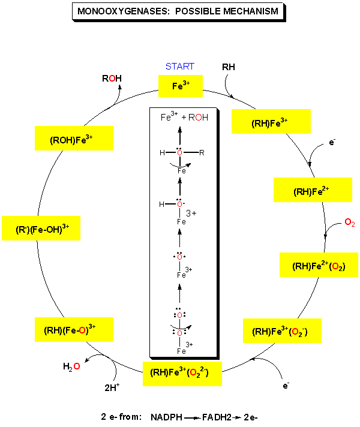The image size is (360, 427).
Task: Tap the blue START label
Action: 180,67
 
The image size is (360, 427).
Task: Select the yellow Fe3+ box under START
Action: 181,86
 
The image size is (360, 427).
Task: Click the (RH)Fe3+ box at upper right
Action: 270,122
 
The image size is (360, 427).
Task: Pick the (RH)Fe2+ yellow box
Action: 313,191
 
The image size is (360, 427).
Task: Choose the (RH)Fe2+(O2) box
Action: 319,265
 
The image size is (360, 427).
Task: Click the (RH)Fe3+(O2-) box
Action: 282,330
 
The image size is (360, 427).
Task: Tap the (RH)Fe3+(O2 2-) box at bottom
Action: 182,373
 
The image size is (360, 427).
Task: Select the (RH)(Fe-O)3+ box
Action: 74,329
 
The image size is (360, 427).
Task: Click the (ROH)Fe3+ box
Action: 74,139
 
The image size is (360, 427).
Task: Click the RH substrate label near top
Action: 229,67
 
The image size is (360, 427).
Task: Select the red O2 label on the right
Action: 350,223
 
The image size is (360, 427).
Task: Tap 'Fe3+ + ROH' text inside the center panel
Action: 184,118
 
